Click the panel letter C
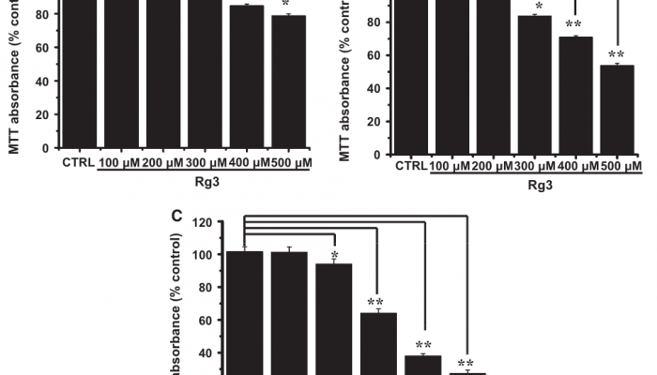(x=176, y=216)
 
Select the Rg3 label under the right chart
(x=540, y=186)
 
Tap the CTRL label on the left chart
(x=79, y=163)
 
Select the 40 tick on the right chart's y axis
(x=378, y=88)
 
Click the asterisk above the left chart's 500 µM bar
(x=288, y=7)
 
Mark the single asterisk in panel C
(x=335, y=255)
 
